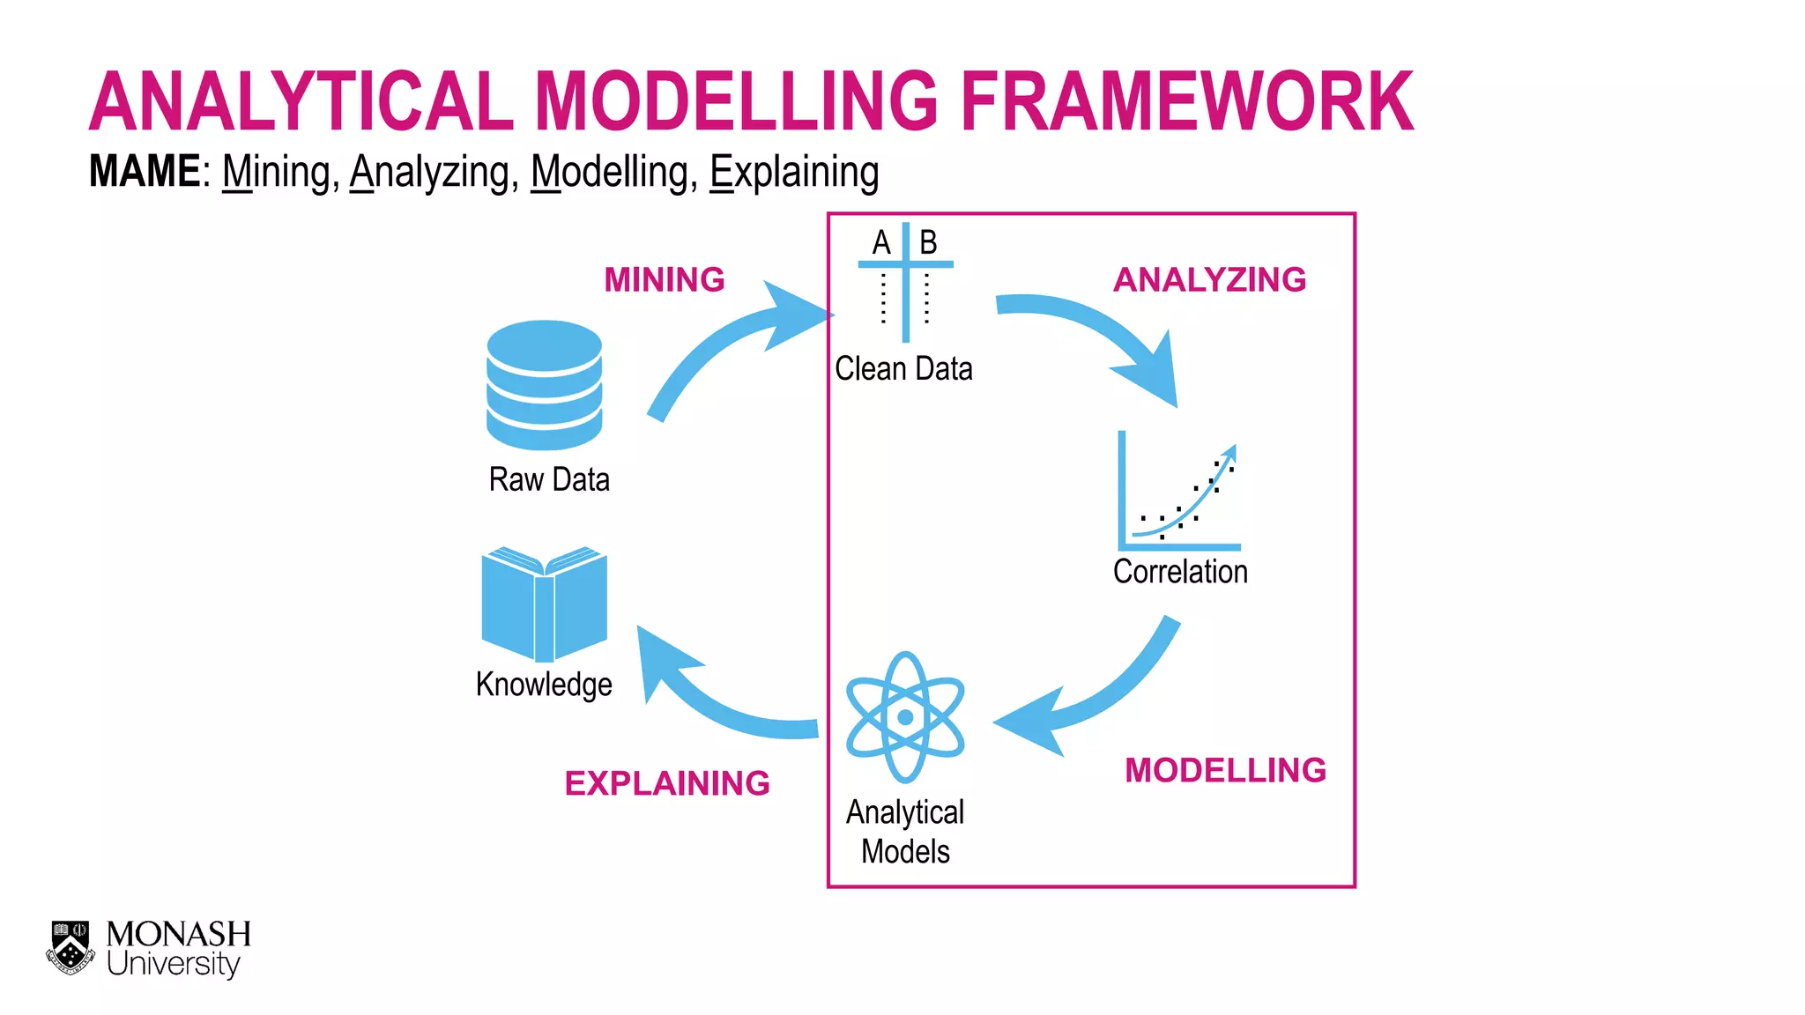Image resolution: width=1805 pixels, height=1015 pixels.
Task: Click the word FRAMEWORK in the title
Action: pyautogui.click(x=1186, y=102)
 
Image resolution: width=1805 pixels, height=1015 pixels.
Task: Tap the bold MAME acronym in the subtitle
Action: pyautogui.click(x=145, y=171)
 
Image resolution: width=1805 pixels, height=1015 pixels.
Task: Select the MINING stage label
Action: pyautogui.click(x=665, y=280)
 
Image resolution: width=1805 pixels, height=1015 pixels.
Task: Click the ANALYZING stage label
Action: pyautogui.click(x=1209, y=280)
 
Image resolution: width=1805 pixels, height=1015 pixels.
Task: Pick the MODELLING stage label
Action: pyautogui.click(x=1225, y=770)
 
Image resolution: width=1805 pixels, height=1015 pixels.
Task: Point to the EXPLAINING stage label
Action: pyautogui.click(x=667, y=783)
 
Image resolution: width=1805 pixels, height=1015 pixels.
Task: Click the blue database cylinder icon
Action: pyautogui.click(x=544, y=385)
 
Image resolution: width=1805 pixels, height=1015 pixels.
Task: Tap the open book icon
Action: pyautogui.click(x=544, y=604)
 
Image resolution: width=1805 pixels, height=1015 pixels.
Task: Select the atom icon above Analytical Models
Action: pyautogui.click(x=905, y=717)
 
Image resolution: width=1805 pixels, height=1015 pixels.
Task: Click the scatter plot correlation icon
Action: pyautogui.click(x=1178, y=493)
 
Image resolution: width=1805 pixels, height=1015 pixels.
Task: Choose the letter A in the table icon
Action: pyautogui.click(x=881, y=242)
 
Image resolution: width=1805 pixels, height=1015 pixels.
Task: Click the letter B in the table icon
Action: pyautogui.click(x=928, y=242)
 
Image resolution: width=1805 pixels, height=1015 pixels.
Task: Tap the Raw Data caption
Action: pyautogui.click(x=549, y=480)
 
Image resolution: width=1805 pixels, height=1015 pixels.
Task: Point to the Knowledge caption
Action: pyautogui.click(x=544, y=685)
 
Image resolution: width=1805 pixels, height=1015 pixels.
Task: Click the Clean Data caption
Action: pyautogui.click(x=903, y=368)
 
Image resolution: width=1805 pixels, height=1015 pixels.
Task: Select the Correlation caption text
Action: pyautogui.click(x=1180, y=572)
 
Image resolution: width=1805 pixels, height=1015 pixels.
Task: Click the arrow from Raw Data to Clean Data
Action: pyautogui.click(x=723, y=344)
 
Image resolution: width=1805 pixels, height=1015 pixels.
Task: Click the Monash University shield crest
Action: pyautogui.click(x=71, y=947)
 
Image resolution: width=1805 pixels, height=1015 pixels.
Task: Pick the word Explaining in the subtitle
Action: pyautogui.click(x=794, y=173)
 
